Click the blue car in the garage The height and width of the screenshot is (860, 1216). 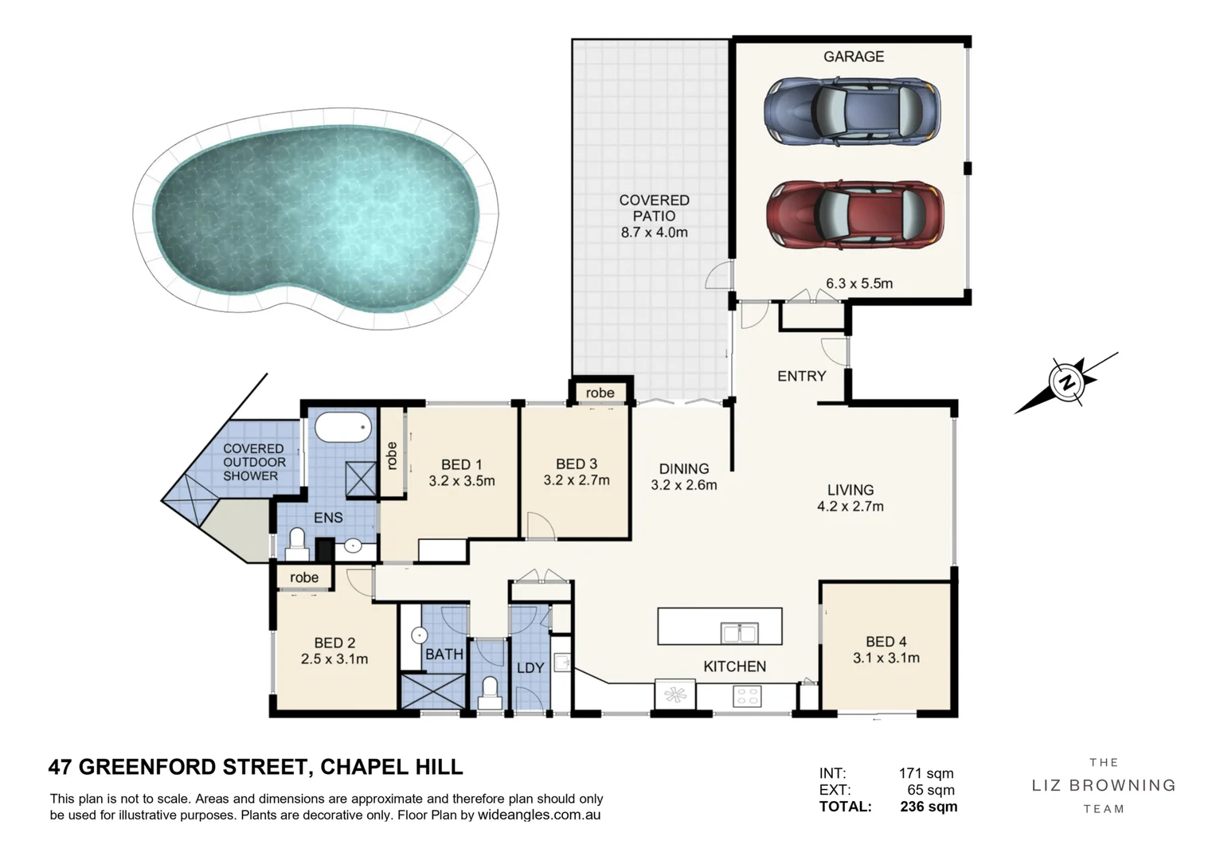pyautogui.click(x=852, y=111)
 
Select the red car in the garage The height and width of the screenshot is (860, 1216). pyautogui.click(x=855, y=215)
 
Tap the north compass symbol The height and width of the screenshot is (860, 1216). pyautogui.click(x=1066, y=382)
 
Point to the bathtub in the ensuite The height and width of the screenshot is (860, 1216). pyautogui.click(x=343, y=427)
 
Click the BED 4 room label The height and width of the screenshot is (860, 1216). pyautogui.click(x=886, y=642)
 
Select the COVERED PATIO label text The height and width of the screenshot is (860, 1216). pyautogui.click(x=654, y=208)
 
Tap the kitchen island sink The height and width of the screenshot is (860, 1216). pyautogui.click(x=739, y=633)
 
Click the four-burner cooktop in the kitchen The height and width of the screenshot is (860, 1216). pyautogui.click(x=747, y=696)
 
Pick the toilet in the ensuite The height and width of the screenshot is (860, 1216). pyautogui.click(x=297, y=545)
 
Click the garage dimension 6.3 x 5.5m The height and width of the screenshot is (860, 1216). pyautogui.click(x=858, y=283)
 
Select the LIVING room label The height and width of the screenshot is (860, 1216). pyautogui.click(x=850, y=490)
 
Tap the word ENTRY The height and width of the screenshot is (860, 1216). pyautogui.click(x=802, y=376)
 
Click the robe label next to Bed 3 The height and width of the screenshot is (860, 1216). pyautogui.click(x=600, y=393)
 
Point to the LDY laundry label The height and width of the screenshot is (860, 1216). pyautogui.click(x=530, y=668)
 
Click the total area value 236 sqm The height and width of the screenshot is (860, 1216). pyautogui.click(x=929, y=806)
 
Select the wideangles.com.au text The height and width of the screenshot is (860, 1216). pyautogui.click(x=539, y=815)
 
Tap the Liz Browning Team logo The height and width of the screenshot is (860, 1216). pyautogui.click(x=1104, y=785)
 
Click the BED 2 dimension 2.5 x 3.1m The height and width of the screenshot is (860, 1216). pyautogui.click(x=334, y=659)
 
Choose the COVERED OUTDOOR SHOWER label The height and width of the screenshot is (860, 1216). pyautogui.click(x=254, y=462)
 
